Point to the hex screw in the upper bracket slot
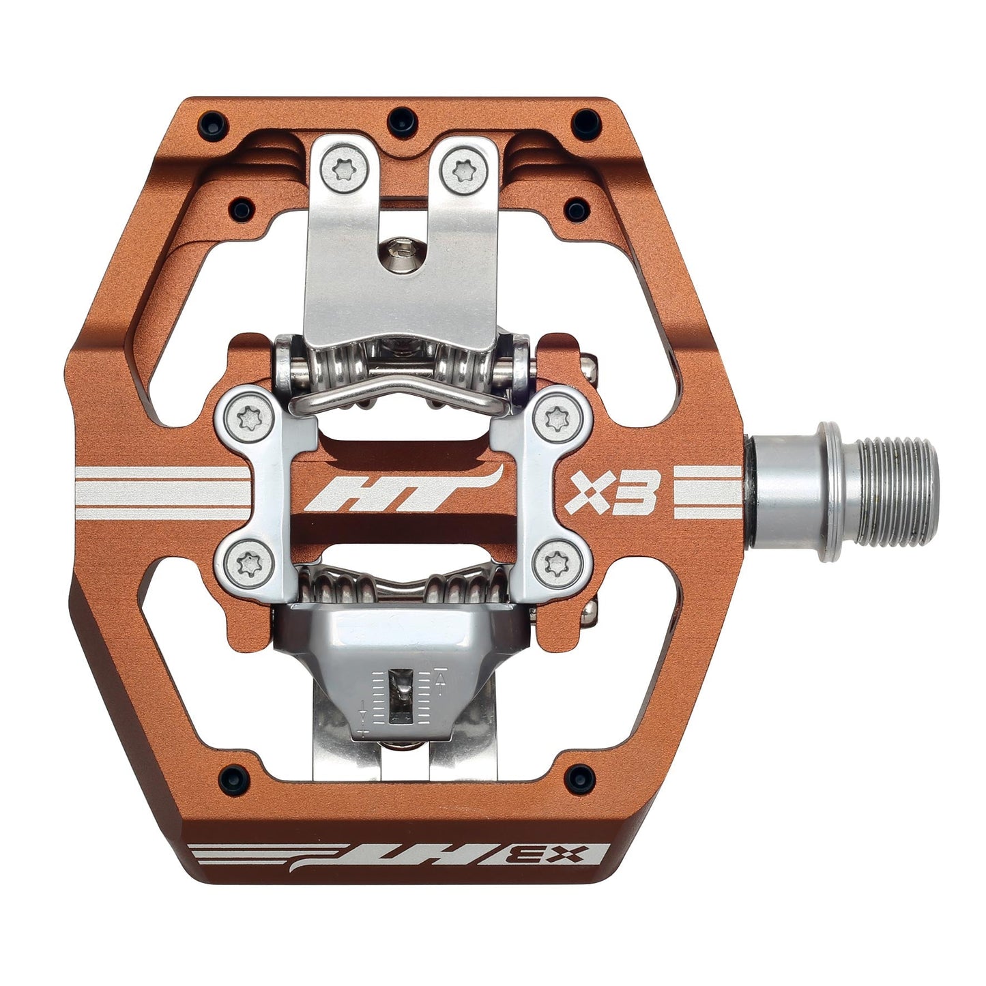click(x=398, y=255)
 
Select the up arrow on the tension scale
click(x=441, y=680)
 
